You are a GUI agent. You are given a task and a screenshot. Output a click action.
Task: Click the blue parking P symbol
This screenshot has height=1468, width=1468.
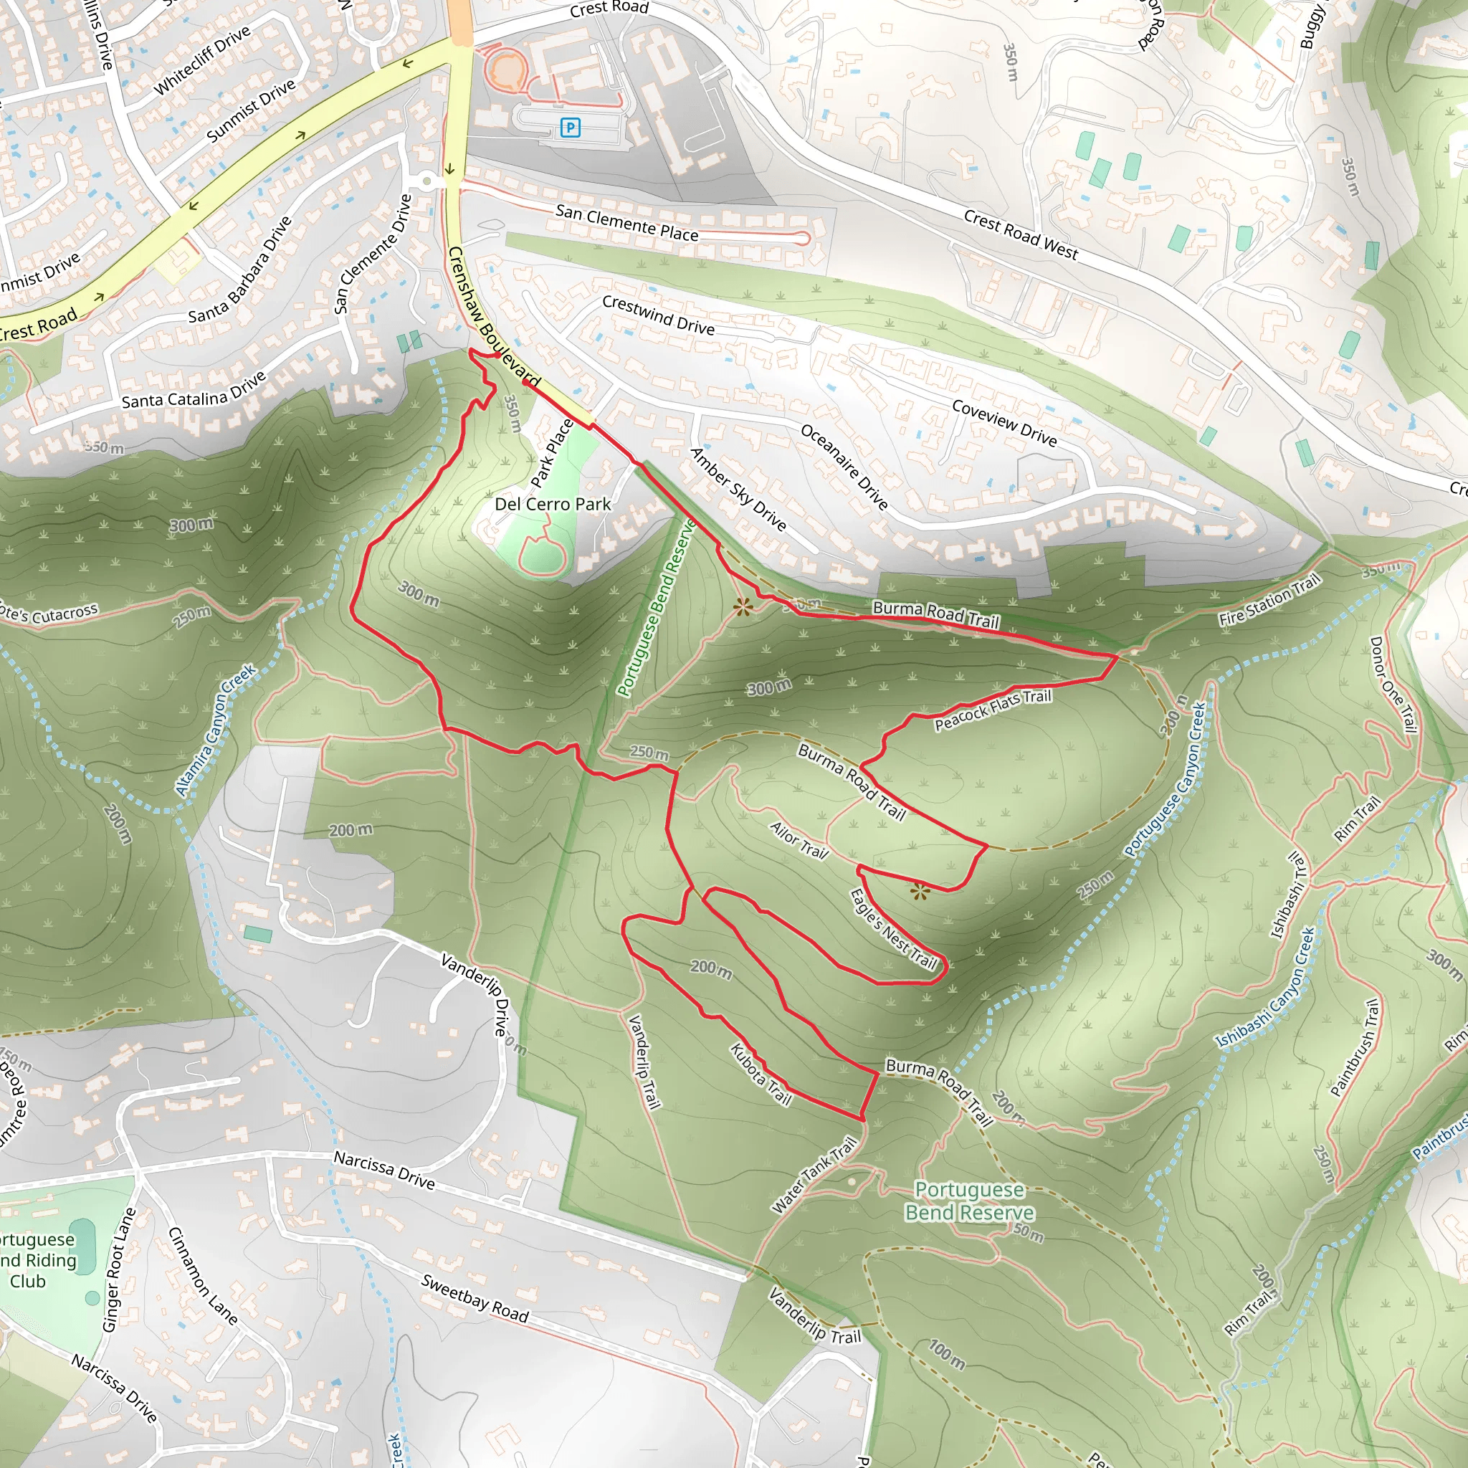(570, 128)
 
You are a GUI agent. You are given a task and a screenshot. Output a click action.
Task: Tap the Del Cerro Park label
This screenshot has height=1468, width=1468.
(553, 505)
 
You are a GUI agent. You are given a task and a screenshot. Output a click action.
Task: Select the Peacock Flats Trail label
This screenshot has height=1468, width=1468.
(992, 710)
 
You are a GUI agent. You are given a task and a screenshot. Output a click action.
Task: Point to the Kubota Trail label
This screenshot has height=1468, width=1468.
(761, 1074)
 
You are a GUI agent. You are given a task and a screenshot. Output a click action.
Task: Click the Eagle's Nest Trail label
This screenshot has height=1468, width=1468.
(893, 929)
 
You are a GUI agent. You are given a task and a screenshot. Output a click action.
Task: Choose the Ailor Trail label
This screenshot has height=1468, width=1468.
(799, 839)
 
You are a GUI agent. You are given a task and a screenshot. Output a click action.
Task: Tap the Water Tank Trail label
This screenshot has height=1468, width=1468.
(814, 1175)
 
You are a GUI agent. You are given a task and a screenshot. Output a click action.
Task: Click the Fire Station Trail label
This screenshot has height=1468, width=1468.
(1269, 600)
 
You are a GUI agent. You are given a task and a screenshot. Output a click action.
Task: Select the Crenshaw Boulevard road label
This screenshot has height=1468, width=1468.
(493, 316)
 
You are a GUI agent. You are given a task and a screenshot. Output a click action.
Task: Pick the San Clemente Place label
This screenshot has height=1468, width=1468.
(627, 223)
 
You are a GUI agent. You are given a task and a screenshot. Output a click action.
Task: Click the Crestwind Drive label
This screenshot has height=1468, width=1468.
(658, 315)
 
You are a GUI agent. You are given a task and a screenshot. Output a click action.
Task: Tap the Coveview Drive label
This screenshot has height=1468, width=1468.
(1004, 422)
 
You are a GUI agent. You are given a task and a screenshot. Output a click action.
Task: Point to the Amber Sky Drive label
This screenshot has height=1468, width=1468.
(738, 489)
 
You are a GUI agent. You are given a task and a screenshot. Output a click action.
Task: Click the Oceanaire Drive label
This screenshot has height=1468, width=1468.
(844, 466)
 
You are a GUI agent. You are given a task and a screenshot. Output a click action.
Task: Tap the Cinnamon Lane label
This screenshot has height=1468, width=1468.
(202, 1275)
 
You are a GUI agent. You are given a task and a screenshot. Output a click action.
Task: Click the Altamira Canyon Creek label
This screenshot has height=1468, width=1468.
(216, 730)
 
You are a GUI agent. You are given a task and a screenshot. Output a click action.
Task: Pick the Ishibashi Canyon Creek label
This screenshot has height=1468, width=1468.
(1265, 987)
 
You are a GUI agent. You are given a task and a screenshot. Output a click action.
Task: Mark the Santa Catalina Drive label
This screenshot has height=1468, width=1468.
(194, 390)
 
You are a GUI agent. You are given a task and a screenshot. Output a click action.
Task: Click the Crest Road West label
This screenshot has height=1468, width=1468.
(1021, 235)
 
